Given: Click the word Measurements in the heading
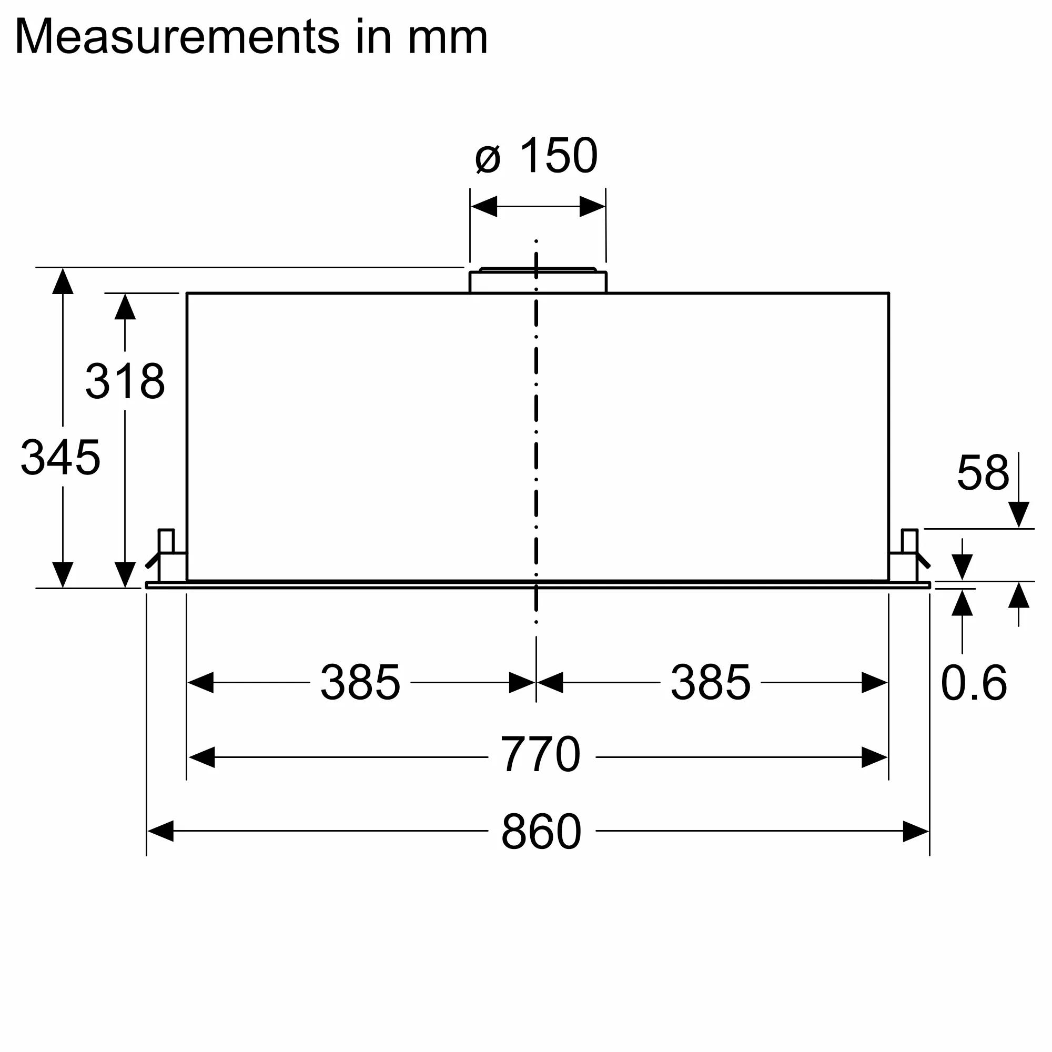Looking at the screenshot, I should click(177, 37).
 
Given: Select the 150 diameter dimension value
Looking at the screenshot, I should click(559, 156).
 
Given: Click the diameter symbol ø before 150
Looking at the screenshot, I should click(488, 159).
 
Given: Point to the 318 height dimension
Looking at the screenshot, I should click(125, 381).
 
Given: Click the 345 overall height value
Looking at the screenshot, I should click(60, 458).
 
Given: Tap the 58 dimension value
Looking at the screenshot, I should click(983, 472).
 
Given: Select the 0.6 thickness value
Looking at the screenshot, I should click(974, 683).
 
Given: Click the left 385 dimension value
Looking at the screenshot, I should click(360, 682).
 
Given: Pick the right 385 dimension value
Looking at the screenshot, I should click(711, 682).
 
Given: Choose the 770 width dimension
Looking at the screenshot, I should click(540, 754).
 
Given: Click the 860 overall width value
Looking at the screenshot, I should click(541, 832).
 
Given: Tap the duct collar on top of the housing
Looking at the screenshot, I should click(538, 281).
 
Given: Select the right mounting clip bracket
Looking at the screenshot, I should click(909, 555).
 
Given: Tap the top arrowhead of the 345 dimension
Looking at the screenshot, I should click(63, 281).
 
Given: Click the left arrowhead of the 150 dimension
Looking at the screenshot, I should click(484, 207).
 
